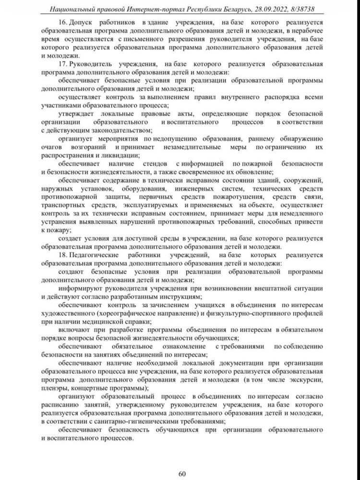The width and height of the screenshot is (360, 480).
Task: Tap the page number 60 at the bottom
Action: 182,461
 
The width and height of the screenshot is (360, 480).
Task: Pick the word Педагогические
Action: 97,255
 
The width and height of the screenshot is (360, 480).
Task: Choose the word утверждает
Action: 77,113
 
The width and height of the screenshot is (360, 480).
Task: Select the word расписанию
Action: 63,405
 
